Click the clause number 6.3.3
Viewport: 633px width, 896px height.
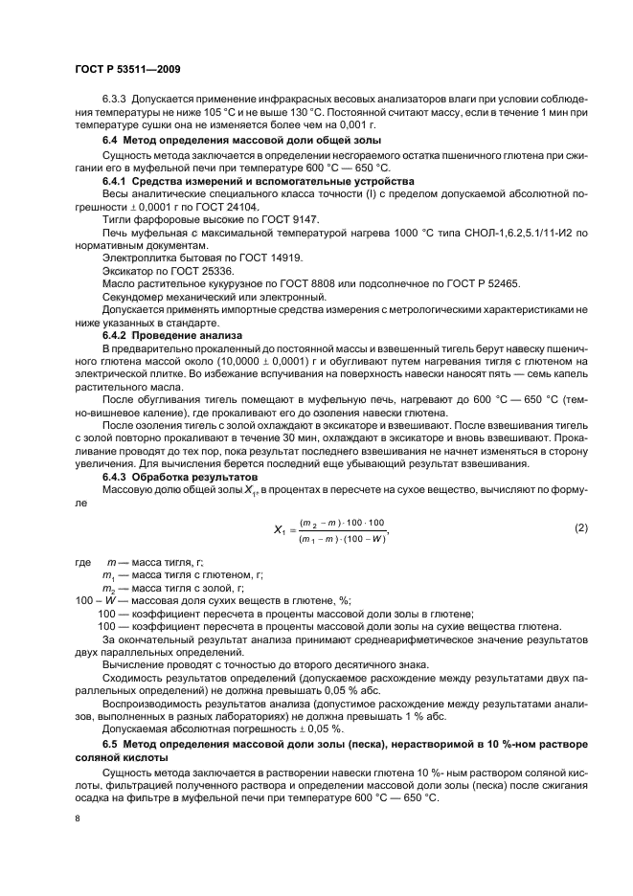[x=118, y=101]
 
